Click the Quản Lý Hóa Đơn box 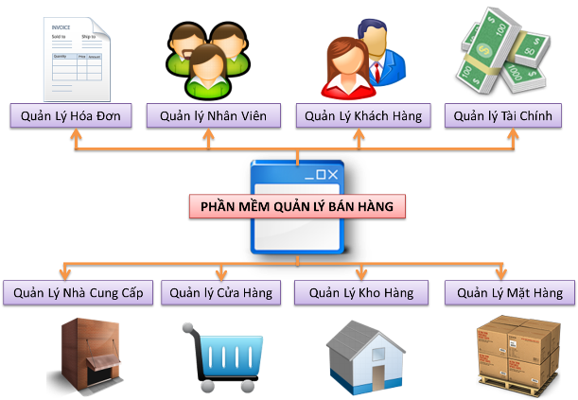[x=71, y=115]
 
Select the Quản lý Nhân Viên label [x=214, y=115]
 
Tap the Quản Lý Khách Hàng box [x=363, y=115]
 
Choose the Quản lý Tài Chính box [x=503, y=115]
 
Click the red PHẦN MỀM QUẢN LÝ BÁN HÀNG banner [x=297, y=206]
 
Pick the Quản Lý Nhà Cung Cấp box [x=79, y=292]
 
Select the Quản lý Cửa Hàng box [x=220, y=292]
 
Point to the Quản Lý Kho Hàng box [x=361, y=292]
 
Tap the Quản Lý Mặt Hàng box [x=510, y=292]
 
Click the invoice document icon [x=77, y=59]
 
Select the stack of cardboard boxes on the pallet [x=519, y=355]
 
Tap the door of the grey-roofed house [x=377, y=377]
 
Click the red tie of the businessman [x=377, y=72]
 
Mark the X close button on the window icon [x=333, y=174]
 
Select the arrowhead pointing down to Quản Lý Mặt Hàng [x=501, y=274]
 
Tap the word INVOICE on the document [x=61, y=27]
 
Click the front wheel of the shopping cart [x=207, y=387]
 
